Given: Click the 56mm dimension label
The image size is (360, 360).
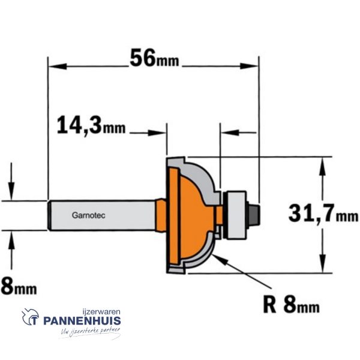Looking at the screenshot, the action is (154, 58).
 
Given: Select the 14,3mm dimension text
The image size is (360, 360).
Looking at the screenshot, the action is (91, 125).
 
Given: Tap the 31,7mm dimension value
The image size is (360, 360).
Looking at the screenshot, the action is (323, 213).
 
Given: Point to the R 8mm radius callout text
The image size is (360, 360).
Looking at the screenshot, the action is (292, 304).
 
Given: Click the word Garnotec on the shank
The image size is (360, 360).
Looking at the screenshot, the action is (89, 215).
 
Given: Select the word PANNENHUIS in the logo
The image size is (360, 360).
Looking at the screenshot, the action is (82, 320).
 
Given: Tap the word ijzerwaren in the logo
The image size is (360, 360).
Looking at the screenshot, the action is (101, 312).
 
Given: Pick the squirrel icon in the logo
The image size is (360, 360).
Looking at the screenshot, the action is (31, 317).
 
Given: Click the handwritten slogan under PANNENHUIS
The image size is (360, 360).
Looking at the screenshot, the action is (91, 332).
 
